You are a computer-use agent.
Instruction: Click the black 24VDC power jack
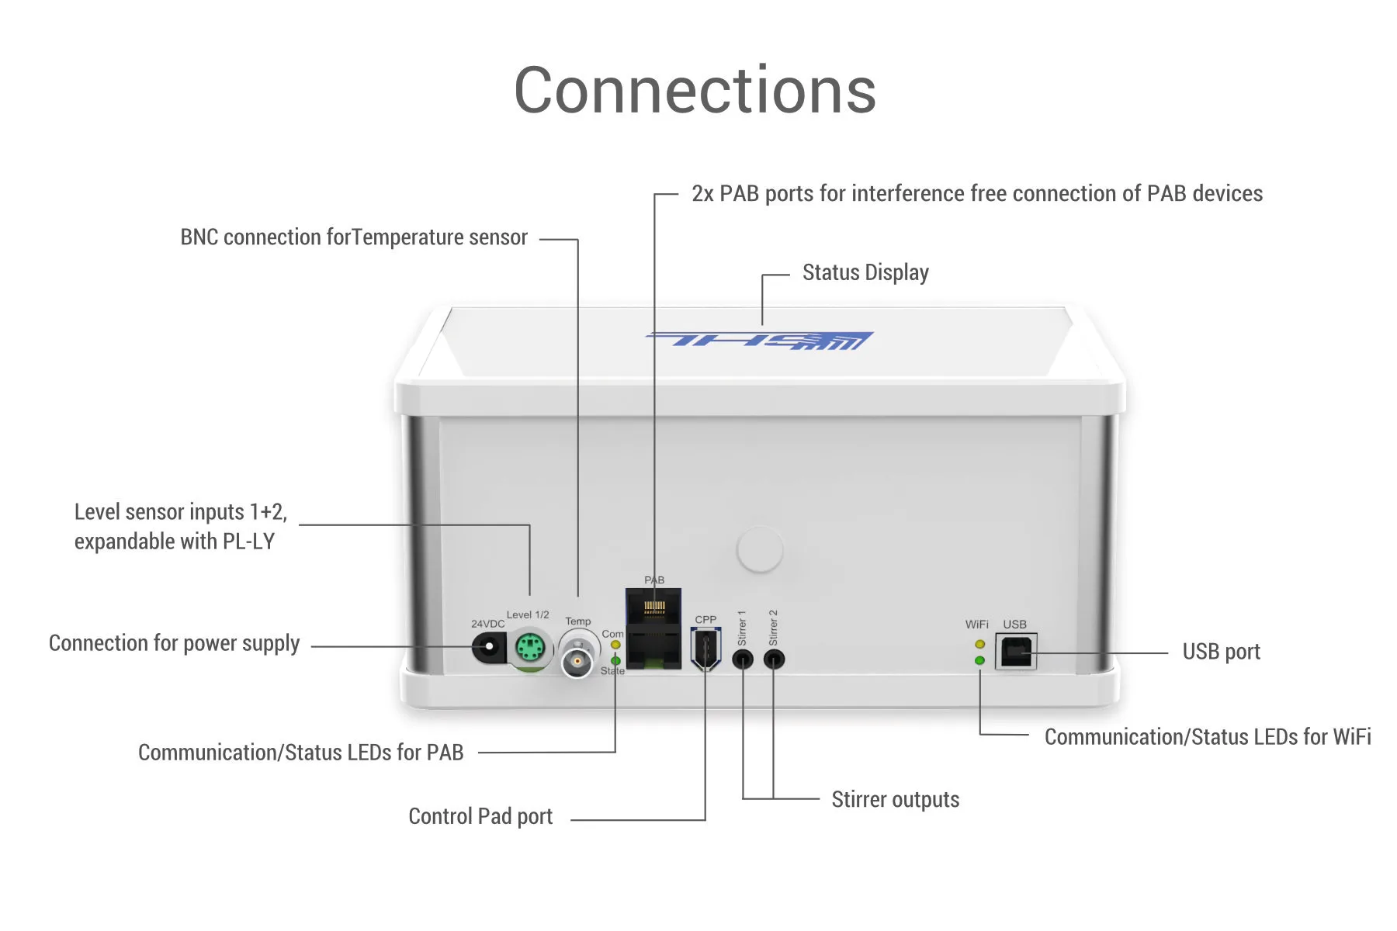489,647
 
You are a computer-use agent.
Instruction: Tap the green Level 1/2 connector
530,647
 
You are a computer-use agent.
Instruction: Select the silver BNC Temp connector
577,660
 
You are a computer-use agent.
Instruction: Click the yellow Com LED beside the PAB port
615,645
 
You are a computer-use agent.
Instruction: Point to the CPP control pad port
705,649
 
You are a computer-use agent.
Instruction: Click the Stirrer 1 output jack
743,660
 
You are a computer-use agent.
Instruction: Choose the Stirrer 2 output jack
774,659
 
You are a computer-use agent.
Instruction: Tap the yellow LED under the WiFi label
979,644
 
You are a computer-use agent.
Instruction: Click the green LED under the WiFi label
979,660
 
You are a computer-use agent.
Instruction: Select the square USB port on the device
1016,652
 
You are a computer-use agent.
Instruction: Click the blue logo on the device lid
761,340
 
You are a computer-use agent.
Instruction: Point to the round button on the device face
760,549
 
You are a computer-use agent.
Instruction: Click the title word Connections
695,91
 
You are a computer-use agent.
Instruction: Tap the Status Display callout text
865,273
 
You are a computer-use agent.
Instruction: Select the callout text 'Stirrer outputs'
895,800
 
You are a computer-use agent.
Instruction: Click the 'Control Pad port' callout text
480,816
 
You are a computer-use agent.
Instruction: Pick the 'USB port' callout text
1221,652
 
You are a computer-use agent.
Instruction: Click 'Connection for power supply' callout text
174,644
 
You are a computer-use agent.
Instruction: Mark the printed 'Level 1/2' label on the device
528,614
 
